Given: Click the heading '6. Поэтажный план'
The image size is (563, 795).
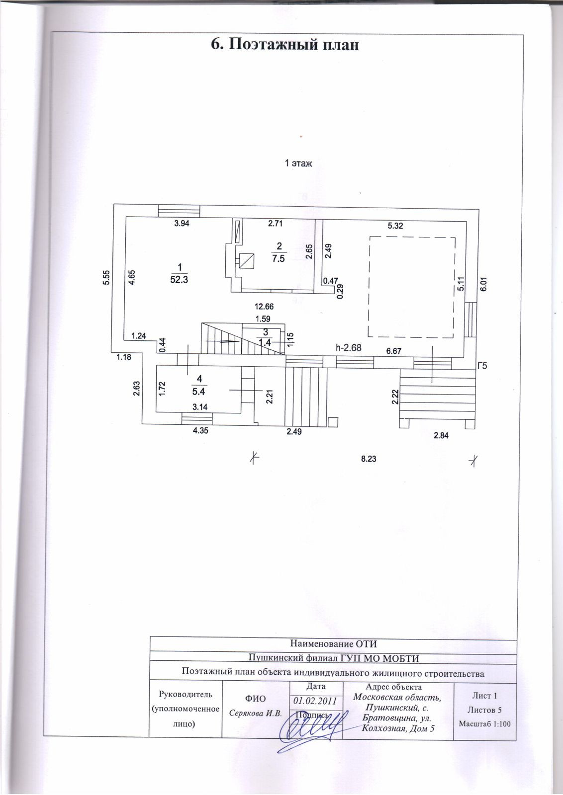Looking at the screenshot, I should click(285, 45).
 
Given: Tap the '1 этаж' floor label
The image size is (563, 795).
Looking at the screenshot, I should click(298, 163).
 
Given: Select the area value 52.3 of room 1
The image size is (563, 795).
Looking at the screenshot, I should click(179, 279).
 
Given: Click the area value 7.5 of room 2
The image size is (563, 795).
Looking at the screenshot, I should click(279, 258).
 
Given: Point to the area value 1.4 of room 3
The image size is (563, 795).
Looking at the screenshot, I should click(265, 342).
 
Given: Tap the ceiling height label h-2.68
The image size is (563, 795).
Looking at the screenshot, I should click(348, 348).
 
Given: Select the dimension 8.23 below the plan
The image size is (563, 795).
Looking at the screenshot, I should click(368, 459).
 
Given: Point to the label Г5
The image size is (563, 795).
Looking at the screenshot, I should click(481, 367).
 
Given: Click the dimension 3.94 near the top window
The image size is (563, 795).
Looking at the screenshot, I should click(182, 224).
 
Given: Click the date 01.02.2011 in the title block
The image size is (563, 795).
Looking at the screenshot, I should click(315, 701).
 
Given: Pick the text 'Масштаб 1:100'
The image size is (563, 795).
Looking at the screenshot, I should click(484, 723).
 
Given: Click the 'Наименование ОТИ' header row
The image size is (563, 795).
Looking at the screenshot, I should click(333, 644).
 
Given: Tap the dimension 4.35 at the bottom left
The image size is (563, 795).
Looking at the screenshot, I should click(200, 431).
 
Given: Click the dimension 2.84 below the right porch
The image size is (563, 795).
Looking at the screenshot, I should click(441, 436).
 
